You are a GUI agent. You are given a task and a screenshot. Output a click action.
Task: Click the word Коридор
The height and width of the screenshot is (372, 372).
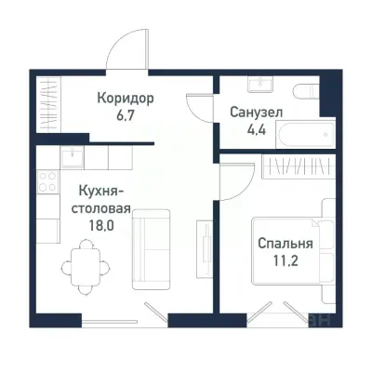(125, 98)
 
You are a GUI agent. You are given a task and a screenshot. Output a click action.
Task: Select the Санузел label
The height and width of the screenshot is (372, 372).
(256, 112)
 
